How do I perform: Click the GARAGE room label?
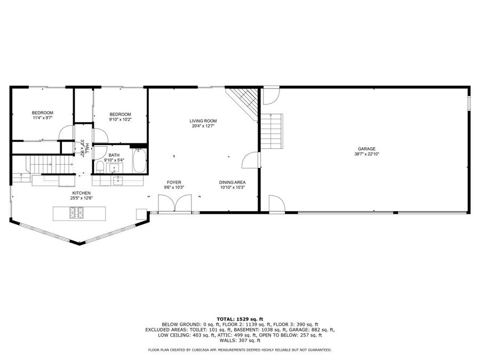pos(367,149)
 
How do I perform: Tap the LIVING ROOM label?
pos(203,121)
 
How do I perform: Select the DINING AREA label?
pos(232,182)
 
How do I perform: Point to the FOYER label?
pos(173,182)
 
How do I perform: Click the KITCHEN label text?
pos(82,193)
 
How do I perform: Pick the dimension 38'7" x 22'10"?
pos(367,154)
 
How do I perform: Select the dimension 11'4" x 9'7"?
pos(43,118)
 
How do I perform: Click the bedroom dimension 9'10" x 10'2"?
pos(120,119)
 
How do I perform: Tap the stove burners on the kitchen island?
pos(76,213)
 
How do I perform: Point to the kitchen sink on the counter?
pos(118,180)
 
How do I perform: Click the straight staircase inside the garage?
pos(271,133)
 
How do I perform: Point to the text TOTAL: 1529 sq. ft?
pos(239,319)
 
